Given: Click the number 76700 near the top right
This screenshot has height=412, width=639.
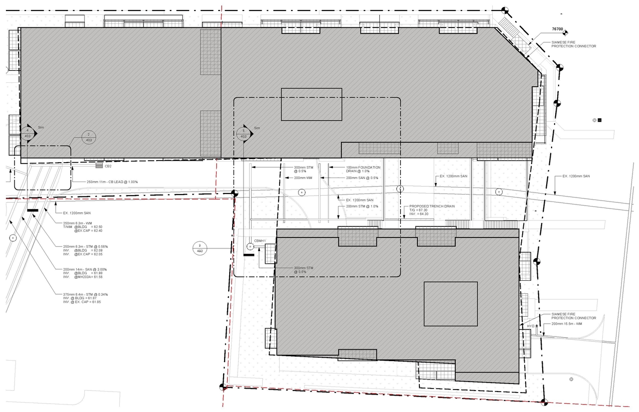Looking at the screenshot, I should [557, 30].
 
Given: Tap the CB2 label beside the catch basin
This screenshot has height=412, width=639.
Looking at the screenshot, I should [108, 166].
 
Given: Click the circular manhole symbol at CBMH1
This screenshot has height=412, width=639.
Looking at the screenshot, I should [250, 246].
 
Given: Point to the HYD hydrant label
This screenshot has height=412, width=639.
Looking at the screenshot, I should [530, 326].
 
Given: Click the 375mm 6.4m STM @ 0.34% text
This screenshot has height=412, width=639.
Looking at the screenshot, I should [82, 294].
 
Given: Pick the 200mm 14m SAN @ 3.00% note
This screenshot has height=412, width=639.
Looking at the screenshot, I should [83, 269].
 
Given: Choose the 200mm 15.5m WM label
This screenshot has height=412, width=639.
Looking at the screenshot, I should [568, 324].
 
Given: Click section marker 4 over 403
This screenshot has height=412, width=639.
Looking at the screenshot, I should [27, 133].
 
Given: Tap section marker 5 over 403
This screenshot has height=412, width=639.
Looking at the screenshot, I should [243, 133].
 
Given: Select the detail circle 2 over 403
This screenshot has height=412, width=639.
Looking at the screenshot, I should [88, 137].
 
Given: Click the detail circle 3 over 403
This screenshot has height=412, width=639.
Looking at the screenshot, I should [200, 248].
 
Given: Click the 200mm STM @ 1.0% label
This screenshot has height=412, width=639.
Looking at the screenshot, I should [362, 206].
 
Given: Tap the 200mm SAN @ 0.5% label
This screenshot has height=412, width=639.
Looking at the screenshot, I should [362, 178].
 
